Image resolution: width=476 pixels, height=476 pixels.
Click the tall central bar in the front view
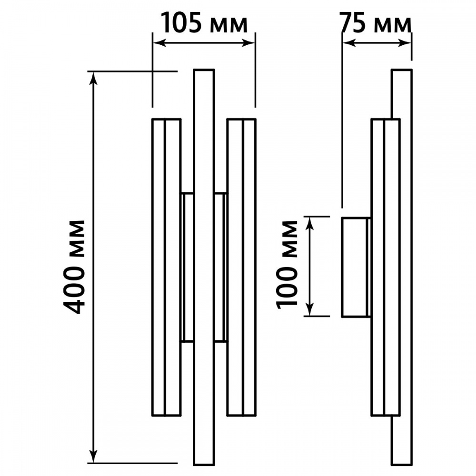pyautogui.click(x=204, y=267)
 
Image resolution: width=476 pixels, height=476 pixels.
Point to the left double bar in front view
pyautogui.click(x=166, y=267)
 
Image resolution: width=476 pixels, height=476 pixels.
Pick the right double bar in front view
pyautogui.click(x=242, y=267)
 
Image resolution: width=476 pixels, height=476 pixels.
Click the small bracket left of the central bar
pyautogui.click(x=187, y=267)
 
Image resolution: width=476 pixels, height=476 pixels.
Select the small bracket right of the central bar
pyautogui.click(x=220, y=267)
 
